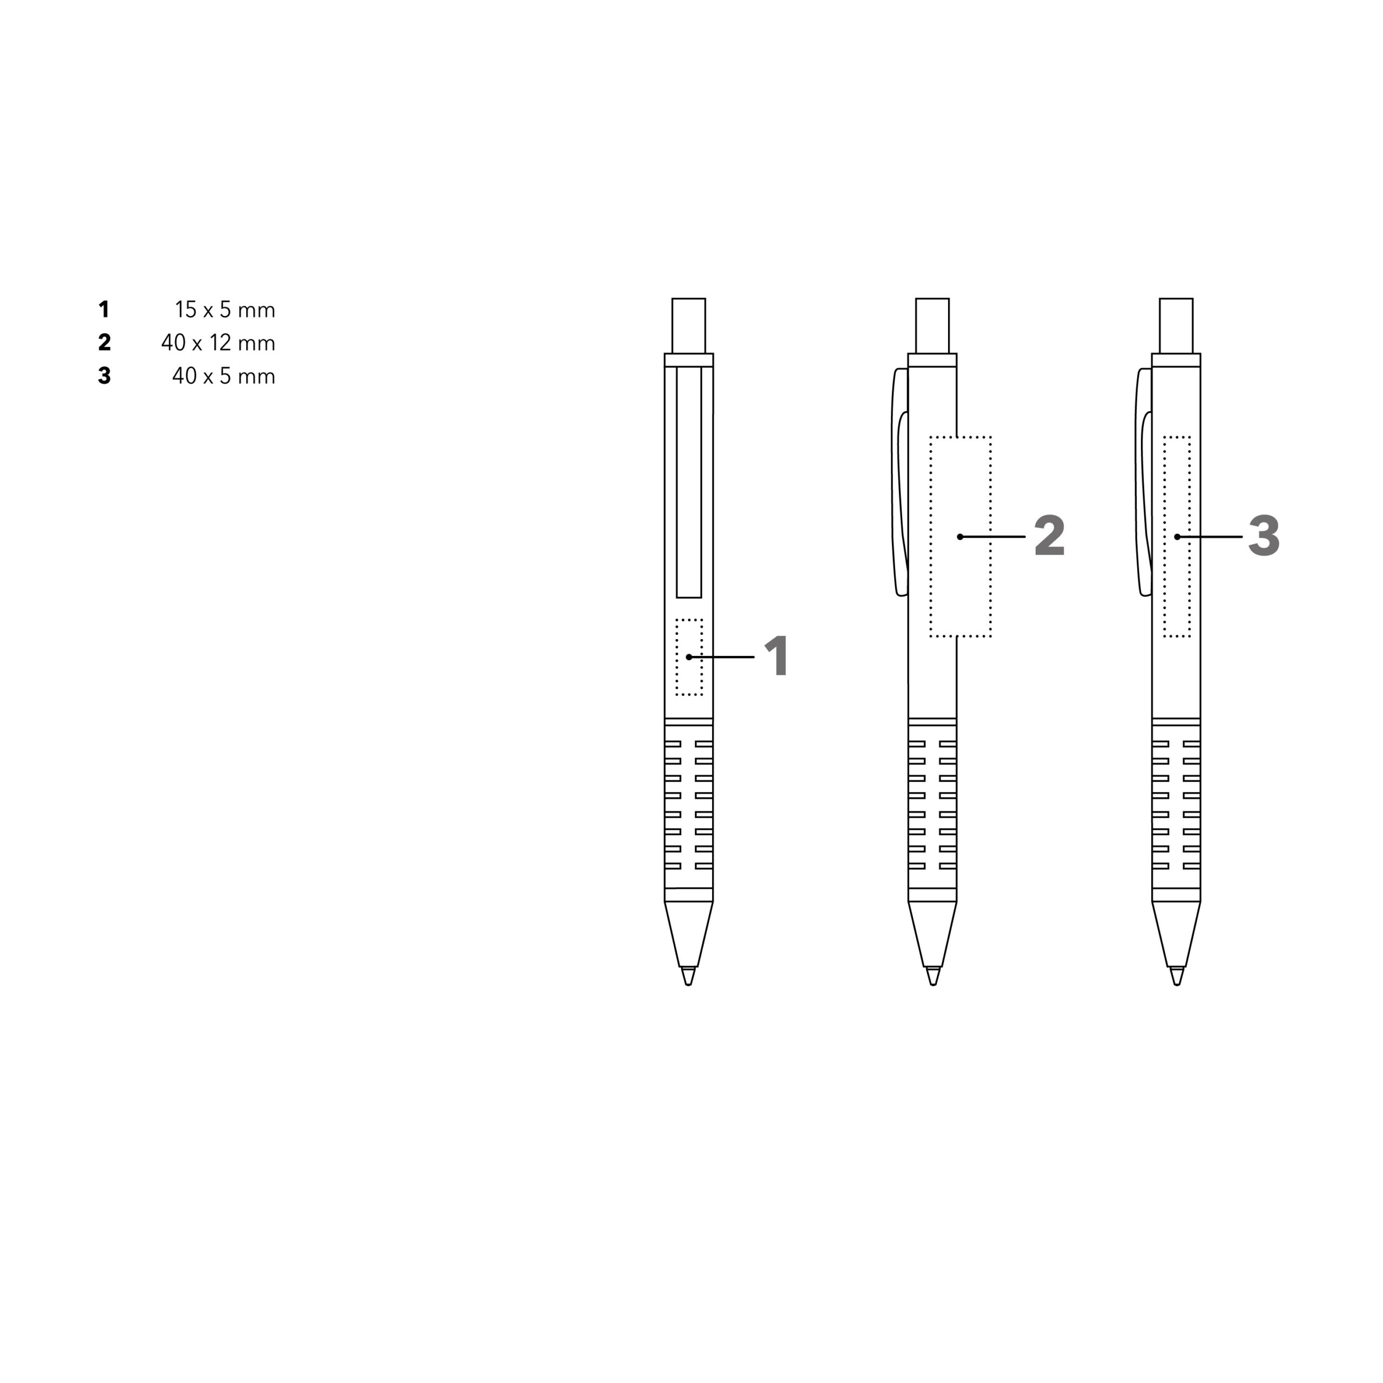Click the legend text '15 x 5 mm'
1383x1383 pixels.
click(x=225, y=310)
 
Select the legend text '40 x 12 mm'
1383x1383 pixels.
click(x=218, y=343)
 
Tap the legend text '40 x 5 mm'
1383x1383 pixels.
click(x=223, y=376)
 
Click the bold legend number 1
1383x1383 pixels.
click(x=104, y=310)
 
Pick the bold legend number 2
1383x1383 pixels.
click(x=104, y=343)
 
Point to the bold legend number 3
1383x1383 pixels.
click(x=104, y=376)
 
